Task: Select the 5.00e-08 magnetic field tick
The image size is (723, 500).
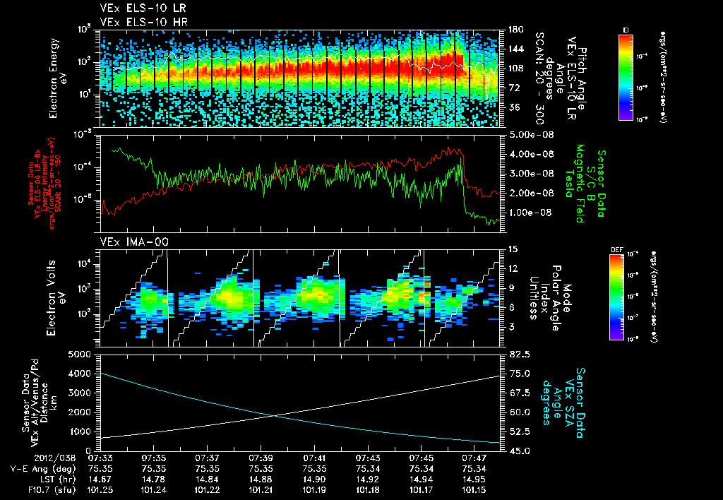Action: [x=523, y=134]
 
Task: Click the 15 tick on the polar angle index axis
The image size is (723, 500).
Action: [x=511, y=249]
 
